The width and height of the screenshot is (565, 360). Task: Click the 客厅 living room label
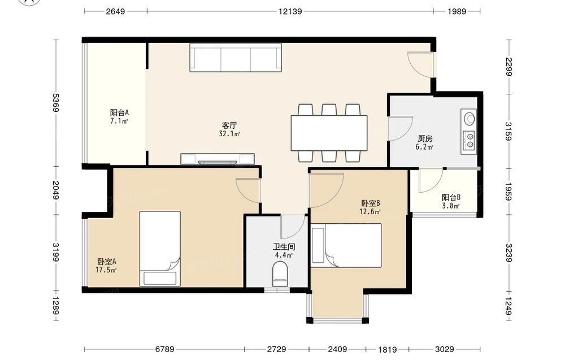coord(229,125)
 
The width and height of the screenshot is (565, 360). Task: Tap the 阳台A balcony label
coord(119,112)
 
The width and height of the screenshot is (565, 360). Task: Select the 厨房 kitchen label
coord(425,138)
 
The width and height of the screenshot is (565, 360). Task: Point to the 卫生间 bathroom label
coord(284,247)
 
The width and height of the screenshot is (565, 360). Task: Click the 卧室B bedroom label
coord(371,203)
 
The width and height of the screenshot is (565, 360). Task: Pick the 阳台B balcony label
coord(451,197)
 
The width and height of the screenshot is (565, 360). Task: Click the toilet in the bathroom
coord(280,274)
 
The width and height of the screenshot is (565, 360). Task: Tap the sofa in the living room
coord(236,58)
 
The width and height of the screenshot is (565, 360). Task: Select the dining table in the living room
coord(329,133)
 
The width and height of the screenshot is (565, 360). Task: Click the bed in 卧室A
coord(160,249)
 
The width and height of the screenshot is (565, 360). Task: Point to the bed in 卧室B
coord(346,245)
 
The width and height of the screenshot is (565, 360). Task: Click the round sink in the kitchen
coord(469,118)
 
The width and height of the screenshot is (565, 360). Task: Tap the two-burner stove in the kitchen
coord(469,140)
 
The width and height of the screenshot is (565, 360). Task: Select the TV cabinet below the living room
coord(218,159)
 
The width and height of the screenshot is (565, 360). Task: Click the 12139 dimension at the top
coord(290,11)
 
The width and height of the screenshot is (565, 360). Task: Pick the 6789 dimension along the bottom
coord(164,349)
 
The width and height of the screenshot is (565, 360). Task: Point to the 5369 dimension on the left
coord(56,103)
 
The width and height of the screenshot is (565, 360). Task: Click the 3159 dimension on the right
coord(508,131)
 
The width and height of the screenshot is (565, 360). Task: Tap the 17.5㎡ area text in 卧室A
coord(106,270)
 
